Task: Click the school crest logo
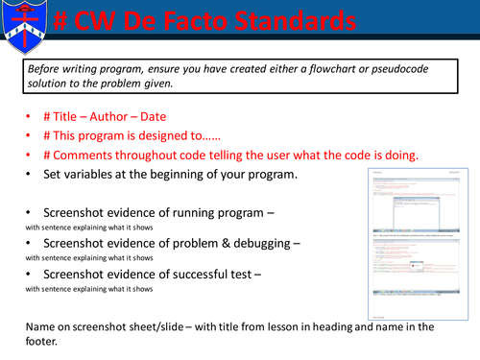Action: click(x=25, y=26)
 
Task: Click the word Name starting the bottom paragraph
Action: click(x=43, y=324)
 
